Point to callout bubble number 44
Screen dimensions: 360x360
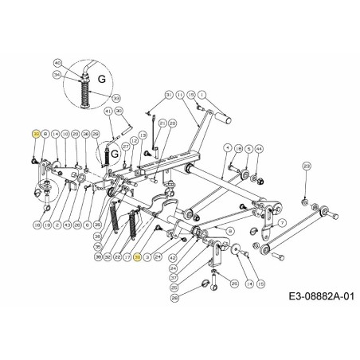(x=259, y=149)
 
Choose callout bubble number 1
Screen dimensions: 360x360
(x=202, y=95)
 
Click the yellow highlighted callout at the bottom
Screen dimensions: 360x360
(x=137, y=258)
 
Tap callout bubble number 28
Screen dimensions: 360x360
(x=175, y=297)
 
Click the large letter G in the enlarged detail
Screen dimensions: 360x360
(x=101, y=78)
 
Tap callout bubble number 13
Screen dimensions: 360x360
(x=143, y=135)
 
